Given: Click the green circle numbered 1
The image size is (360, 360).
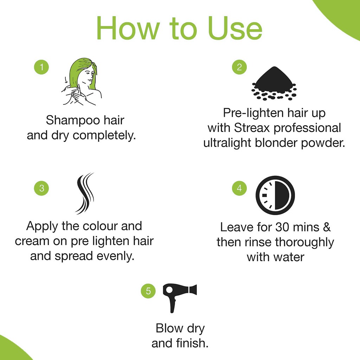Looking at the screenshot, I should (x=42, y=67).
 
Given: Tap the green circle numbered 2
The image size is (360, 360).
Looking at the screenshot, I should (x=239, y=67).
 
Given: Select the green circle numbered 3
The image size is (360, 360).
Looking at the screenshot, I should (x=42, y=188).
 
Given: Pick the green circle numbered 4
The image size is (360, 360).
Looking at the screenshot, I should (x=239, y=188).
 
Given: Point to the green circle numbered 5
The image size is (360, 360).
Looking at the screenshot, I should (x=148, y=291).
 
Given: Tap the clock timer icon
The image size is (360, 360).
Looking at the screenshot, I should (x=275, y=195).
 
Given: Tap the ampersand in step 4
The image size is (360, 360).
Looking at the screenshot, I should (x=327, y=227).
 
